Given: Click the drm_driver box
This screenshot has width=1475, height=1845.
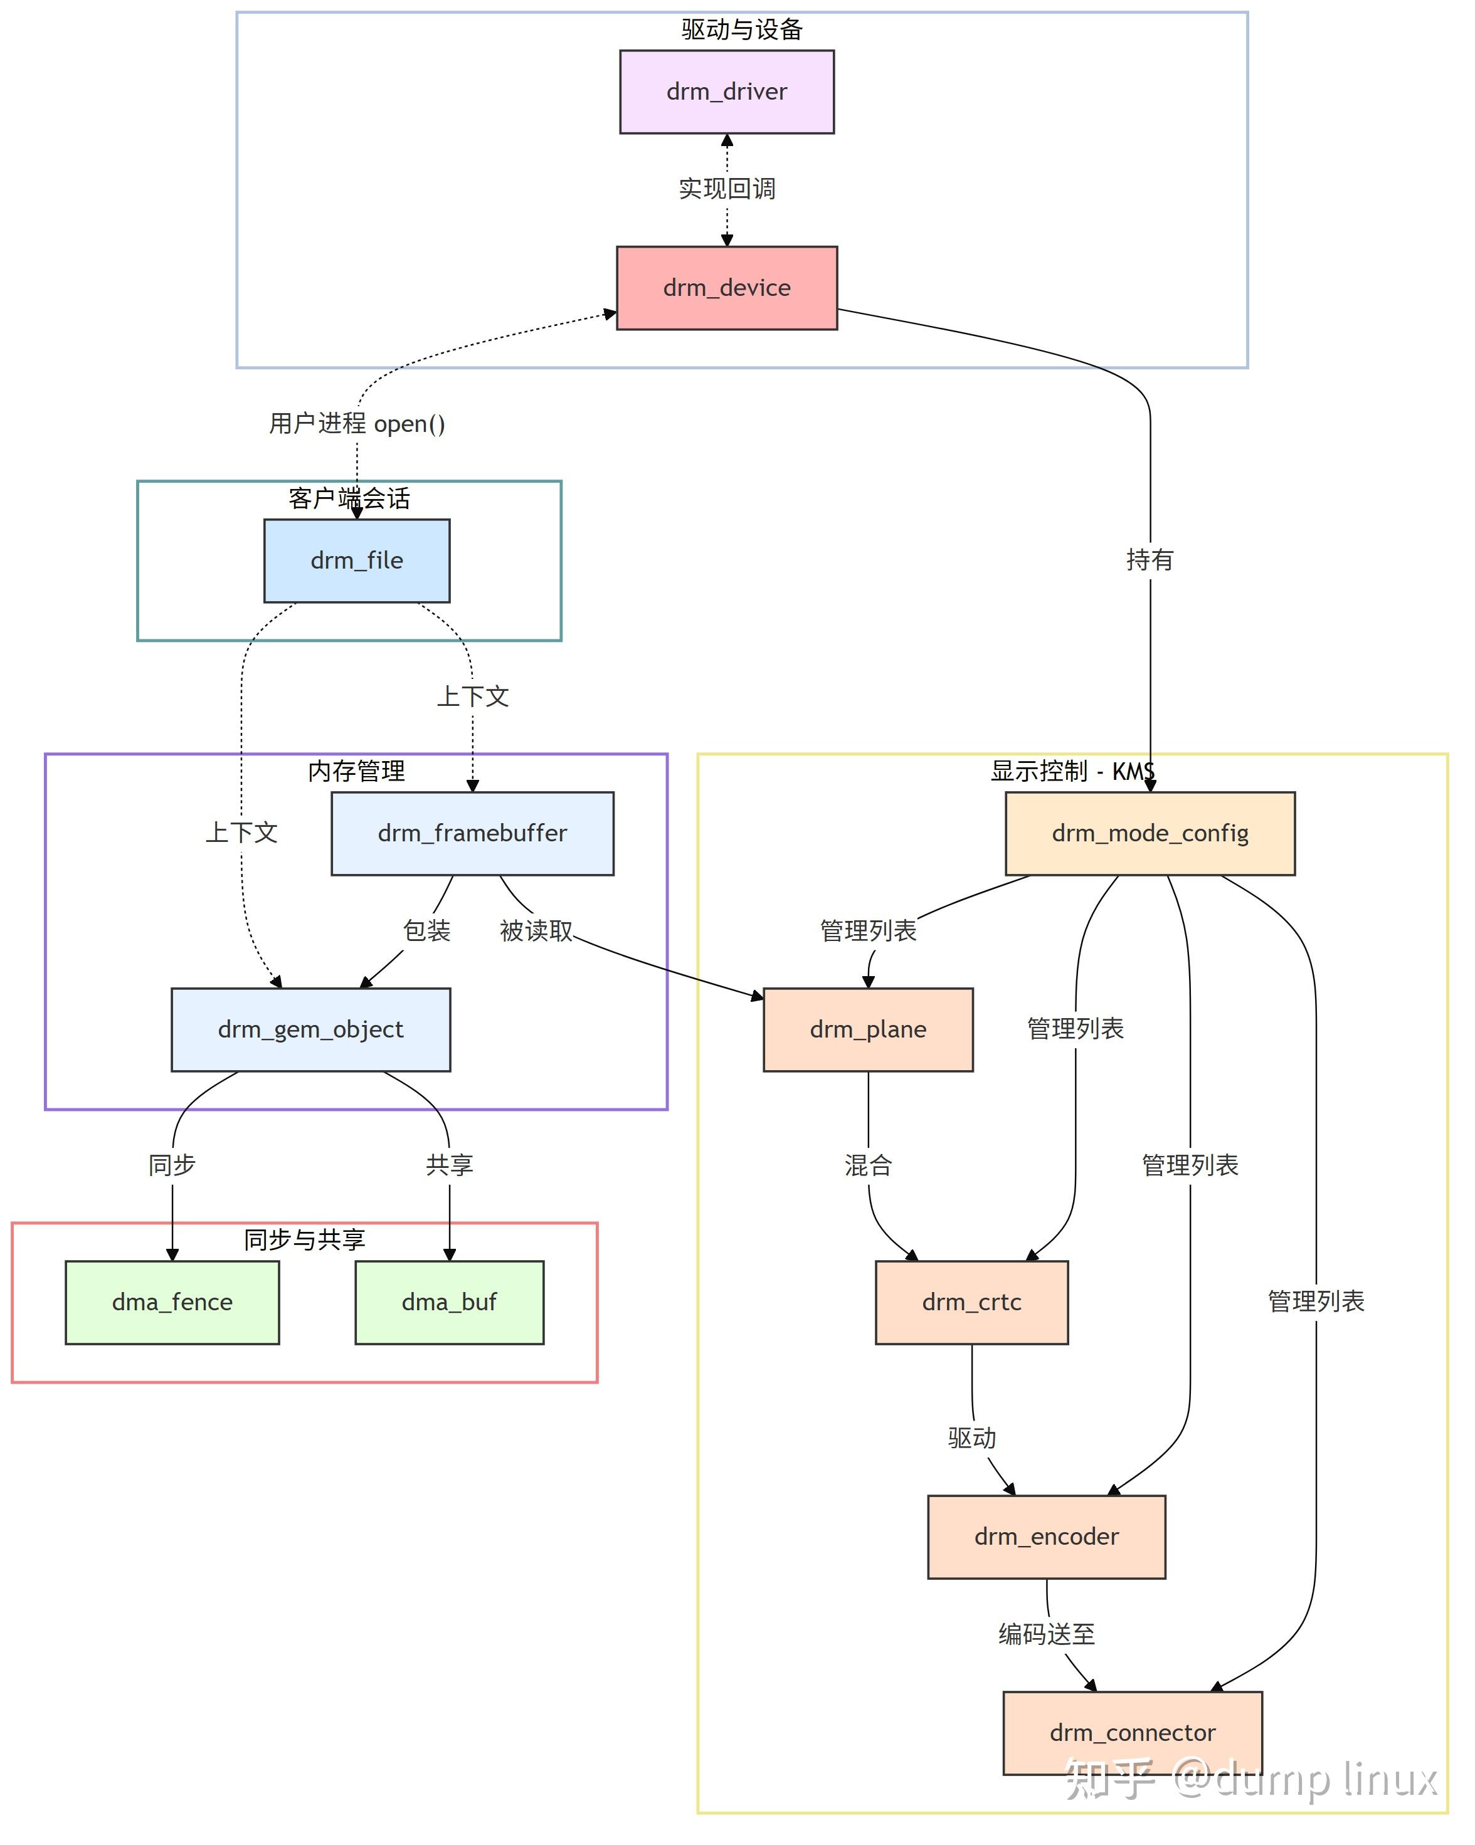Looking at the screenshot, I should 727,92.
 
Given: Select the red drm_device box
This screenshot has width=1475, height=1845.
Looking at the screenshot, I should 727,288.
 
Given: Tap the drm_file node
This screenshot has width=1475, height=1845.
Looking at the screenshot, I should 356,560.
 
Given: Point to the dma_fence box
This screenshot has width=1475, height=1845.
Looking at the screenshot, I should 172,1301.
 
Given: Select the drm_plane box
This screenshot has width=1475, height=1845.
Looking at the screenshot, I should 867,1029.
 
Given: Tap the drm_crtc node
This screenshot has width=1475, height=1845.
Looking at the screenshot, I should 971,1301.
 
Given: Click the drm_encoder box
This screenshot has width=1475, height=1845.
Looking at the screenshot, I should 1045,1536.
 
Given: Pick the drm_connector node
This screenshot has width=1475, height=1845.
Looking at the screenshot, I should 1132,1732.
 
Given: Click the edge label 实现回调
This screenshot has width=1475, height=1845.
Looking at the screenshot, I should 727,188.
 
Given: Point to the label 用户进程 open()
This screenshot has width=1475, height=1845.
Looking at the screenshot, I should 356,424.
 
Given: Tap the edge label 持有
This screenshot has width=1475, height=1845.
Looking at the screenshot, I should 1149,560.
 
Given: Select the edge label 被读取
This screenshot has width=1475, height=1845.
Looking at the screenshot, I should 536,930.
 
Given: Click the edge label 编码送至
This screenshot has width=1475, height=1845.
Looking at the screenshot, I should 1046,1634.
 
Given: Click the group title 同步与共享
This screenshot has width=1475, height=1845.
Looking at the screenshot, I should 304,1239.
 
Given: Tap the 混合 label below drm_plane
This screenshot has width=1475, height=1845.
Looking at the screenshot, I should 867,1165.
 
